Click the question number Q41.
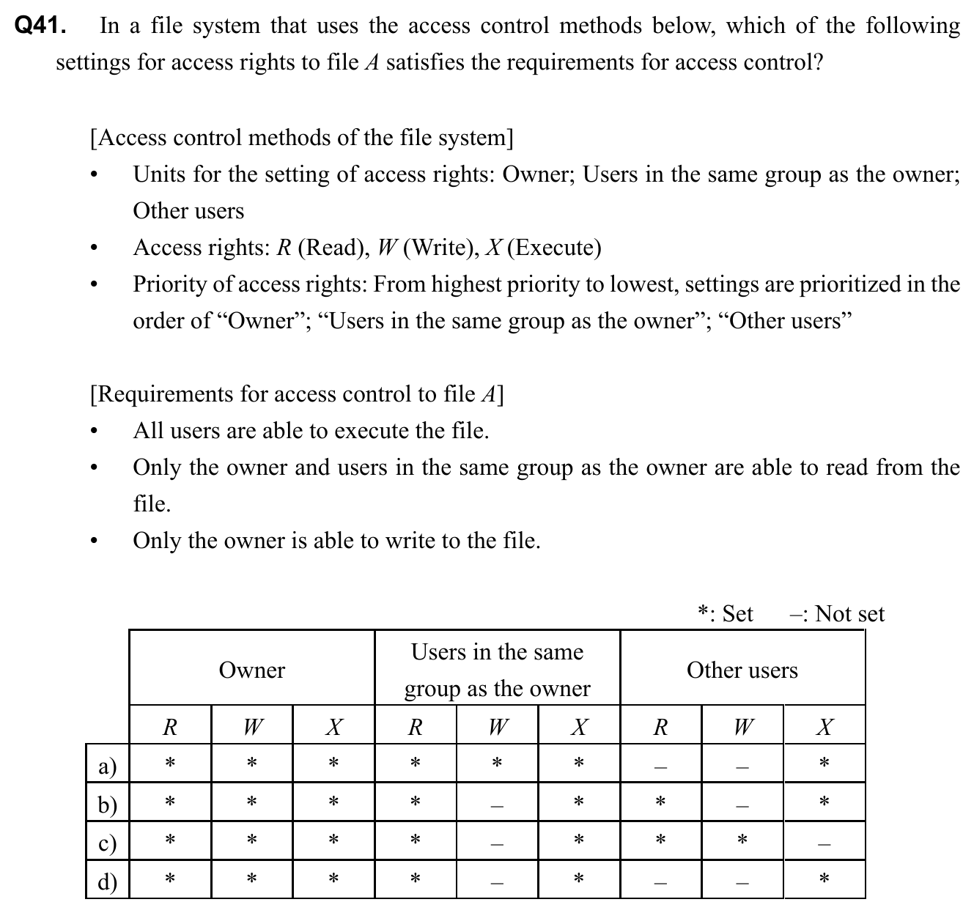(40, 26)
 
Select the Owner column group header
(251, 670)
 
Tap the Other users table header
(742, 670)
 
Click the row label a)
(107, 766)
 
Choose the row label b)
(107, 805)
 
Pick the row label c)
(107, 843)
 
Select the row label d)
(107, 881)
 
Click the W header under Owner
(251, 727)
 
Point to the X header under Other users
(824, 727)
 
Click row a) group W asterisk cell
(497, 764)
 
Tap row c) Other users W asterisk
(742, 840)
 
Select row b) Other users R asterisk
(660, 802)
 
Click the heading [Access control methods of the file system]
(301, 138)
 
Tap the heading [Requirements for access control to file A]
(296, 394)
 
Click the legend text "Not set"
(849, 613)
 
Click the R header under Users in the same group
(415, 727)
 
